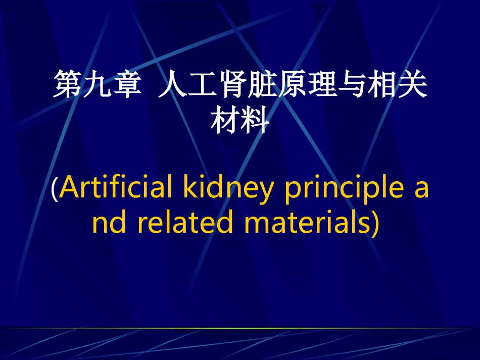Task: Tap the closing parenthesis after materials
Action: pos(374,223)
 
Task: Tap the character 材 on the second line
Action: pos(225,121)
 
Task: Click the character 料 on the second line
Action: pos(254,121)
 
